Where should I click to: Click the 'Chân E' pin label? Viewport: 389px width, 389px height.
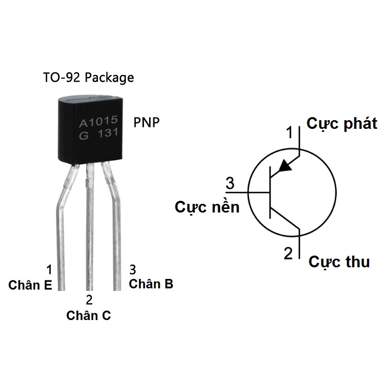pos(30,286)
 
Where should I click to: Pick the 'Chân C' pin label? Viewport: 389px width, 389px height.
pos(89,315)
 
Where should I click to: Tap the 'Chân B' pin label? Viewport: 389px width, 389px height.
pos(151,284)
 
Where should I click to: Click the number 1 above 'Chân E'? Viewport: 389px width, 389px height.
pos(49,269)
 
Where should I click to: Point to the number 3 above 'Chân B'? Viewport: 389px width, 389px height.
pos(133,268)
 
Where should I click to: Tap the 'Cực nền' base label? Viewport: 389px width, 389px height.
pos(207,207)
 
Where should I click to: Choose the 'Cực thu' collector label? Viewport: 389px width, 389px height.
pos(339,262)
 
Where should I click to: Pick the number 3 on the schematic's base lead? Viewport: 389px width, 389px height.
pos(230,184)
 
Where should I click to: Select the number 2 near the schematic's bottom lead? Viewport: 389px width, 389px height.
pos(288,253)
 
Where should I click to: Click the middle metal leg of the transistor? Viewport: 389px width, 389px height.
pos(90,228)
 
